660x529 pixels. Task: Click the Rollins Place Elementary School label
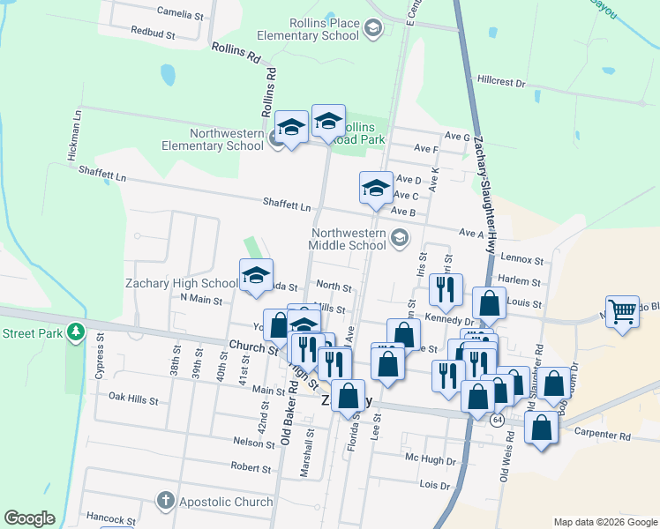(307, 29)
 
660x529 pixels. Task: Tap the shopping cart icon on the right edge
(623, 311)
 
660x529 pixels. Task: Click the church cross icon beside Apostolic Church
(165, 502)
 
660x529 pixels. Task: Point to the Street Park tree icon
(76, 332)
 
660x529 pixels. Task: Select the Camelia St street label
(180, 14)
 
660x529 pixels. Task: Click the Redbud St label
(153, 32)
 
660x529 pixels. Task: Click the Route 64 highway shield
(499, 419)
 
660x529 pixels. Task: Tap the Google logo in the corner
(29, 518)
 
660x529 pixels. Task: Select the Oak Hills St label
(132, 399)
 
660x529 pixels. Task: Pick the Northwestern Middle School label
(349, 239)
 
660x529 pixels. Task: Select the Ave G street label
(457, 137)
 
